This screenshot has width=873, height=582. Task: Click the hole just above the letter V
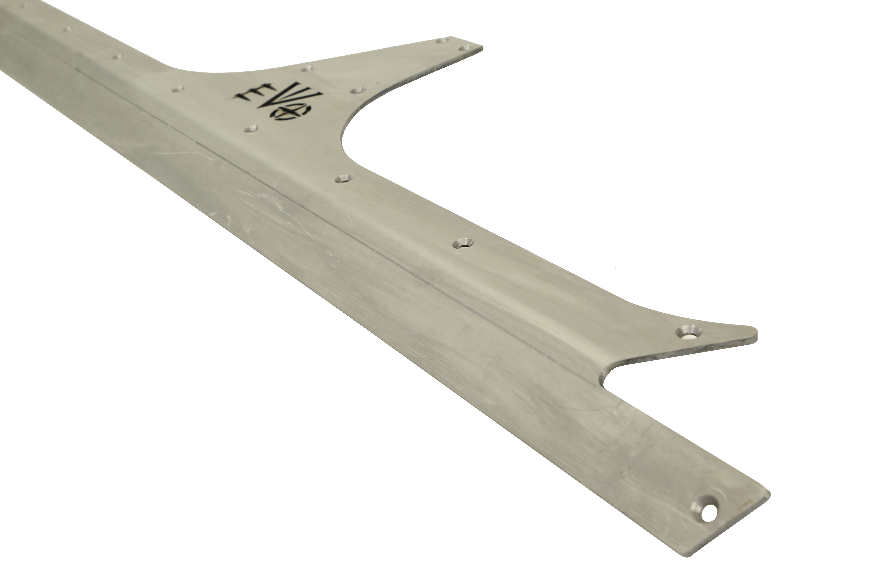(x=307, y=68)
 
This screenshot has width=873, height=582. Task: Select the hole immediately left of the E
(x=178, y=89)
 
